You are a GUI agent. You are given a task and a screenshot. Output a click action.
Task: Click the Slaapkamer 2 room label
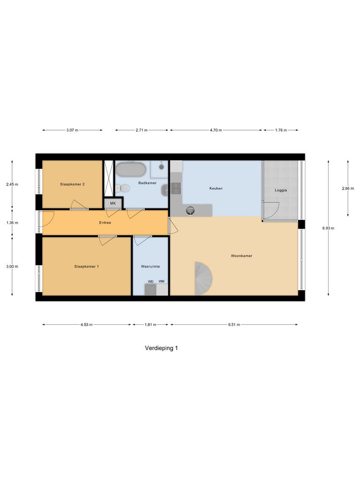point(72,184)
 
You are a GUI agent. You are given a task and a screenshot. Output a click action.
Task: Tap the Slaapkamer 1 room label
point(87,266)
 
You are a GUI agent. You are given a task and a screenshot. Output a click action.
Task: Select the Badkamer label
point(147,183)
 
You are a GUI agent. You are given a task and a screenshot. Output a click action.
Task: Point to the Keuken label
point(216,188)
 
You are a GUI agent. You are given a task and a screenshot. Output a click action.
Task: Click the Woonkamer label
point(241,256)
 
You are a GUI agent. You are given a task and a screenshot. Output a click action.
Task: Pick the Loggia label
point(280,191)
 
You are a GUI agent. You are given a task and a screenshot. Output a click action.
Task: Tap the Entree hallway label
point(105,223)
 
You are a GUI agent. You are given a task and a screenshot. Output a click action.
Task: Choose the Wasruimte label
point(150,266)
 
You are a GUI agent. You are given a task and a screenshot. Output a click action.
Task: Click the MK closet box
point(113,203)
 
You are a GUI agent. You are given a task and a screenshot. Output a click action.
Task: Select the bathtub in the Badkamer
point(131,169)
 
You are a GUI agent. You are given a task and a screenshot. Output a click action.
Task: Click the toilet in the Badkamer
point(123,188)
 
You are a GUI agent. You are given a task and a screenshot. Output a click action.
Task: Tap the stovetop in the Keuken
point(176,188)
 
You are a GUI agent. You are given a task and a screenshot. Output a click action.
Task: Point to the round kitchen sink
point(190,210)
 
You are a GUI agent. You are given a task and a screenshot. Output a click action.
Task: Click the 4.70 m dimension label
point(216,130)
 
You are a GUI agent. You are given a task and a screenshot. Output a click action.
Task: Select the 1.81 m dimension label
point(150,324)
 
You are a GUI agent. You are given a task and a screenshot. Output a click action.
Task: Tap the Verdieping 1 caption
point(162,348)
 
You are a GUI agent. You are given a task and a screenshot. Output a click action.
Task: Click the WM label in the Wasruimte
point(161,281)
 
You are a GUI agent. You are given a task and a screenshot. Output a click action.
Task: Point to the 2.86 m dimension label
point(348,188)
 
